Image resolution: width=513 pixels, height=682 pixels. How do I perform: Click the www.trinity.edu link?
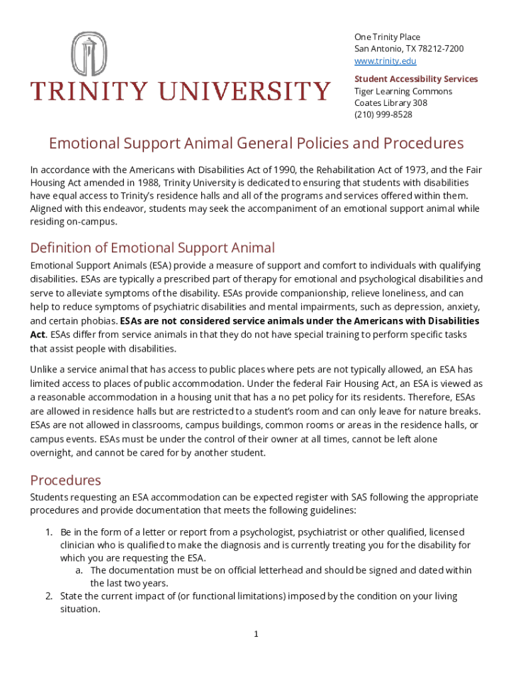click(x=385, y=61)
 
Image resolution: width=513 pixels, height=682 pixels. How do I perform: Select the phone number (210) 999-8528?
click(x=383, y=115)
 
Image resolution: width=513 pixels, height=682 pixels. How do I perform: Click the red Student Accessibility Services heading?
click(x=416, y=79)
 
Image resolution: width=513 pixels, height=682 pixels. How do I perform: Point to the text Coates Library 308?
click(x=390, y=103)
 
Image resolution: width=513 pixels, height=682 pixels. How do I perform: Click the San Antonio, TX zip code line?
click(x=408, y=49)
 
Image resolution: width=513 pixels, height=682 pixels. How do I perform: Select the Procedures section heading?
click(x=65, y=480)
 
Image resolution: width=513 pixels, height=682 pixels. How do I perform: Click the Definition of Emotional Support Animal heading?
click(x=152, y=248)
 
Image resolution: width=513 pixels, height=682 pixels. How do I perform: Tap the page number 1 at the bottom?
click(x=256, y=634)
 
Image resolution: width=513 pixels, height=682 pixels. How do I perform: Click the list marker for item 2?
click(x=49, y=596)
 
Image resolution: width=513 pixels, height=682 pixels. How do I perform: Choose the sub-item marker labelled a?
click(x=79, y=571)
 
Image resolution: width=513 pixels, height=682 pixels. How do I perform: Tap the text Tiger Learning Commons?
click(x=403, y=91)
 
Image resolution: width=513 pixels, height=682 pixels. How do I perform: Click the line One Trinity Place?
click(x=387, y=37)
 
